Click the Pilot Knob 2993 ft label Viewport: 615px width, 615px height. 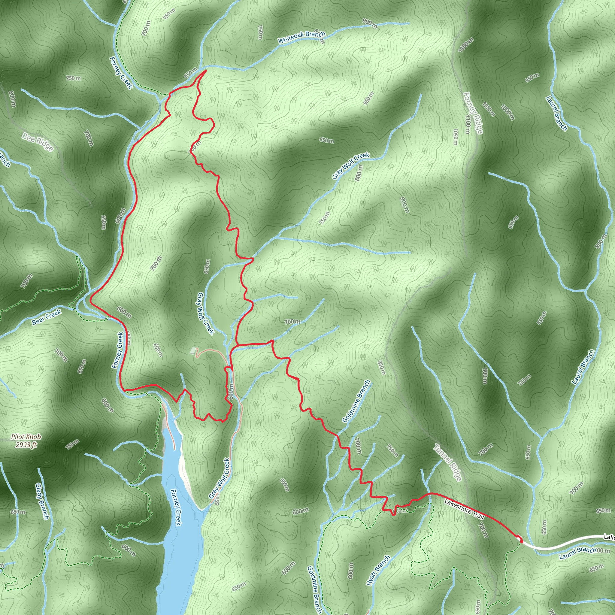click(x=26, y=441)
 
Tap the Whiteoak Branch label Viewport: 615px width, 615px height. click(x=301, y=37)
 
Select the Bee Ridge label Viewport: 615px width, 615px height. click(x=38, y=142)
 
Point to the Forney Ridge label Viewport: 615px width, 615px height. click(x=473, y=113)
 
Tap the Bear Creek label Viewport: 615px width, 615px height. click(x=47, y=317)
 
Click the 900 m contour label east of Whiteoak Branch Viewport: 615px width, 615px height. click(x=370, y=23)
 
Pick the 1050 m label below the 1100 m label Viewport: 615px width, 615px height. click(x=456, y=137)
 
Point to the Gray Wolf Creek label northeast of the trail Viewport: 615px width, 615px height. click(x=350, y=165)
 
